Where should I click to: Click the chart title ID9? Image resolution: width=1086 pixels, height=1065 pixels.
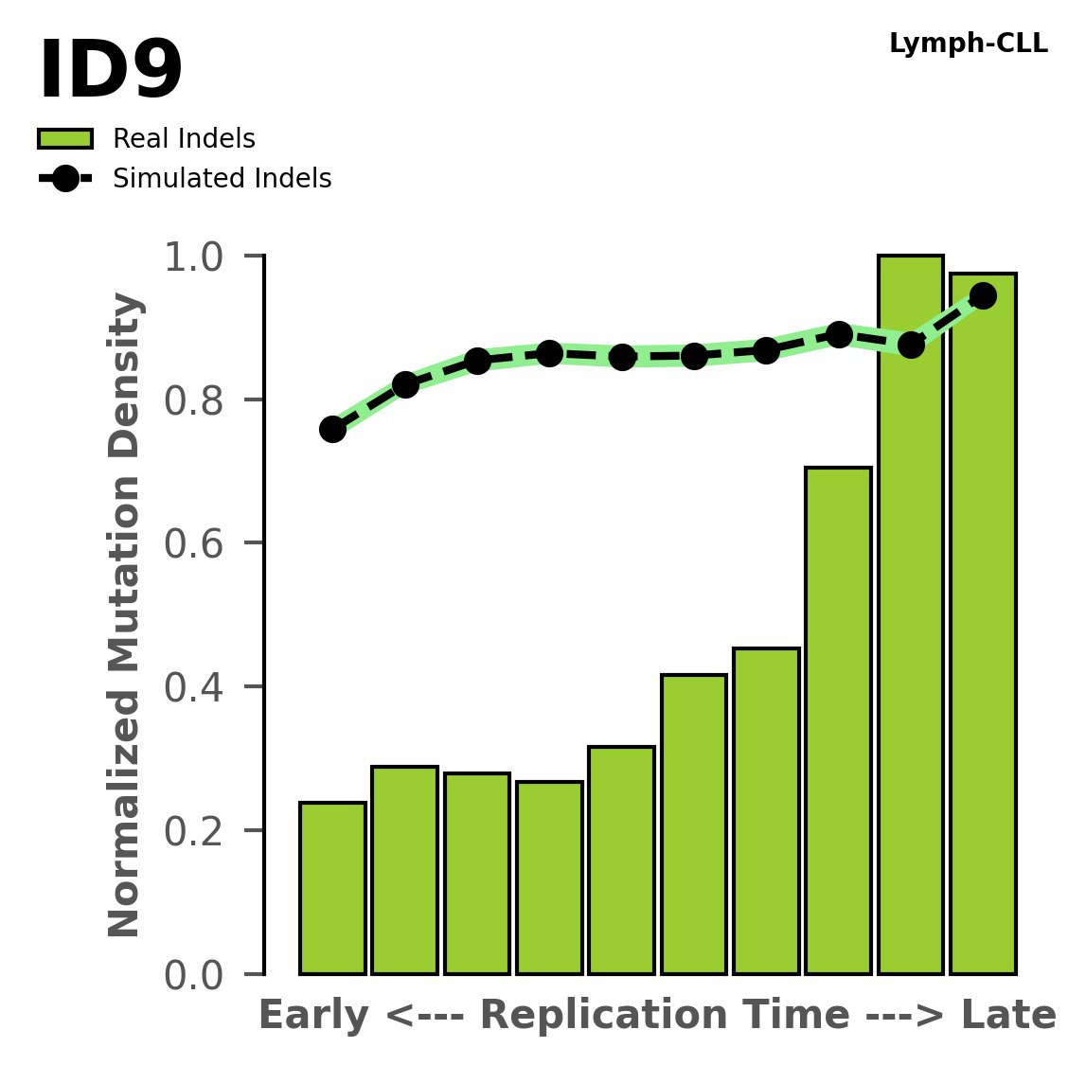111,72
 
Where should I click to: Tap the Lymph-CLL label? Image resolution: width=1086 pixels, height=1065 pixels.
968,44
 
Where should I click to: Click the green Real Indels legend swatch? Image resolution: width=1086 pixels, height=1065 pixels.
65,139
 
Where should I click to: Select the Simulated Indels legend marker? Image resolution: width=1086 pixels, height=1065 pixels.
65,179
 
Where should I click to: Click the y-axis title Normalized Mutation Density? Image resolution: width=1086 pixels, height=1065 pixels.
125,615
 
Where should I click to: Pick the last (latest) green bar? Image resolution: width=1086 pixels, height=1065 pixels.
983,625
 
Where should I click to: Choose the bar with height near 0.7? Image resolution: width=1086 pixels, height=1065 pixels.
838,719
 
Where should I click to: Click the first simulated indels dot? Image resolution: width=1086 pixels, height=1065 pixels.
332,430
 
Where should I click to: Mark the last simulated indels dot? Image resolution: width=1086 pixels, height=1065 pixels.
983,296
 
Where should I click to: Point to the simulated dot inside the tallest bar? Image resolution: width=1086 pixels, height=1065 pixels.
911,346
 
